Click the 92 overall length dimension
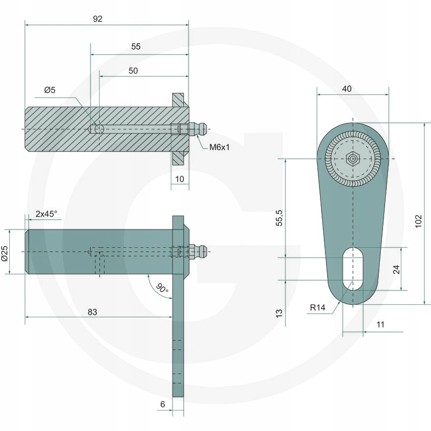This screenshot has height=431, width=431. point(98,18)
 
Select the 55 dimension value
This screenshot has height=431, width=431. point(136,47)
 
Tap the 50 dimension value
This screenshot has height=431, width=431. point(133,71)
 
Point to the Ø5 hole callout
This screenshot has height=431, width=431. point(50,91)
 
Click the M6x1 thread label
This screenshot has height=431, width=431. point(219,147)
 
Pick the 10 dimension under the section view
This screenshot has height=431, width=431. point(180,178)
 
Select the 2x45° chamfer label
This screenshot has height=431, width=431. point(46,214)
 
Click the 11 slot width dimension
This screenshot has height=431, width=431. point(380,325)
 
